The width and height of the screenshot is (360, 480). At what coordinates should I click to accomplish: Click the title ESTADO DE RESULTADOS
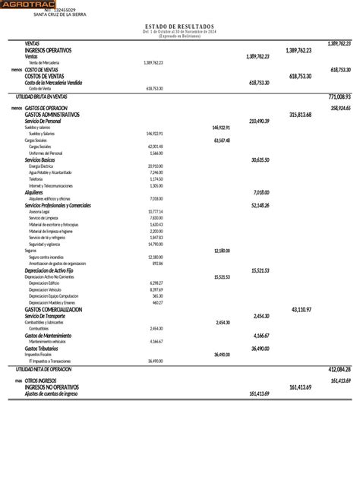[x=179, y=26]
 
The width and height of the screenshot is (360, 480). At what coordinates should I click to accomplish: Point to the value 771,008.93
[x=339, y=97]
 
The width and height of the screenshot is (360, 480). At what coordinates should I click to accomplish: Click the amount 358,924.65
[x=339, y=109]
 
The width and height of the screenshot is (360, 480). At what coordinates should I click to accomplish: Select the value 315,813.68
[x=301, y=115]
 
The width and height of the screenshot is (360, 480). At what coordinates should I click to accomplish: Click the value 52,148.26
[x=259, y=205]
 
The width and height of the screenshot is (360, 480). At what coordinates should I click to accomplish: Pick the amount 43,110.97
[x=302, y=310]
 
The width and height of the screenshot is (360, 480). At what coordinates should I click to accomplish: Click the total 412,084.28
[x=339, y=368]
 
